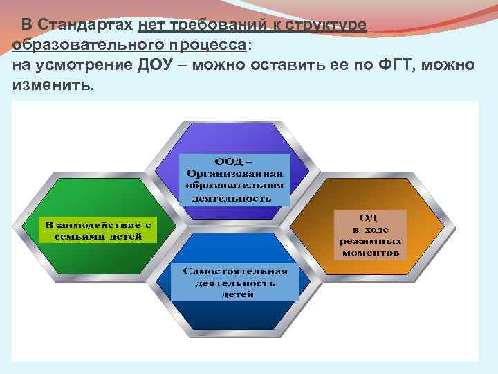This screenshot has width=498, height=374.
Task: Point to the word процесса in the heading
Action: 210,45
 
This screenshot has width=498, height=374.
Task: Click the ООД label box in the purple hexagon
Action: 235,179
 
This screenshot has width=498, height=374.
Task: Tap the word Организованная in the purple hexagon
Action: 235,174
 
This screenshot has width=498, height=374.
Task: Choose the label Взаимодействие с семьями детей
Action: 98,231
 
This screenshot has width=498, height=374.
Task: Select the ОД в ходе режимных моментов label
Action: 370,235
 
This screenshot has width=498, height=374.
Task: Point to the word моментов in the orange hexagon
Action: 370,253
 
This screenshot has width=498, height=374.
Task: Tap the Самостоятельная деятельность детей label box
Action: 234,282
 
